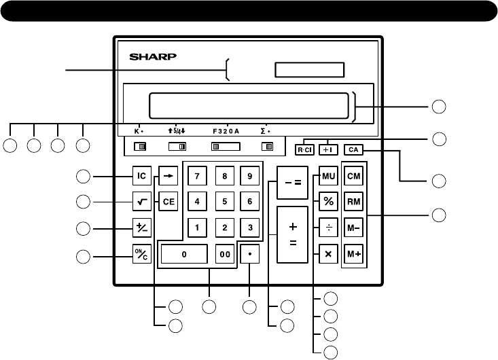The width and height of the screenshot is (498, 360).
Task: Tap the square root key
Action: coord(141,202)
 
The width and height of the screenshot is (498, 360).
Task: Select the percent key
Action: coord(328,202)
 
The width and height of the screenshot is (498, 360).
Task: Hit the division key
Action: coord(328,228)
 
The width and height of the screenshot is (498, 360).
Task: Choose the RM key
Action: coord(354,202)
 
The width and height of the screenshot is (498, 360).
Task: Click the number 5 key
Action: coord(224,202)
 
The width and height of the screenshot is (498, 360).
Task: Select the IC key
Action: coord(141,177)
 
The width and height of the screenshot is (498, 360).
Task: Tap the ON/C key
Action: coord(141,256)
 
